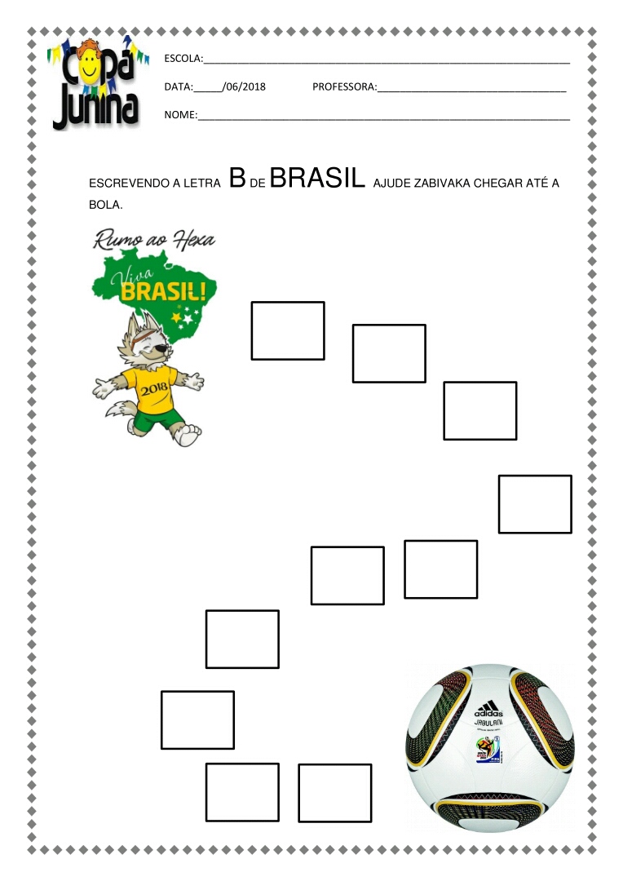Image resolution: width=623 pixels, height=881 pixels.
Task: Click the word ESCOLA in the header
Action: tap(182, 59)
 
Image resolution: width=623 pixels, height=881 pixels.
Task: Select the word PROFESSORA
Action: tap(343, 86)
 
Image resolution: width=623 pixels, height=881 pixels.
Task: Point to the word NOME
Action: tap(179, 115)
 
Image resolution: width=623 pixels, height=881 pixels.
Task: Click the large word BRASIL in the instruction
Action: tap(316, 179)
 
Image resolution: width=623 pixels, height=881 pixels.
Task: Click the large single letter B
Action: tap(237, 179)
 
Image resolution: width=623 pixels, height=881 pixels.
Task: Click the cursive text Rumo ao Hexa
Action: tap(155, 241)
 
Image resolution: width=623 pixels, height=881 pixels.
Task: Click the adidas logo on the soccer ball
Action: tap(488, 709)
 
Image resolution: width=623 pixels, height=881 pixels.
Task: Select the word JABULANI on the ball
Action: tap(488, 723)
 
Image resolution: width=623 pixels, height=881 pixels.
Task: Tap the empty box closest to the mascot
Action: tap(287, 330)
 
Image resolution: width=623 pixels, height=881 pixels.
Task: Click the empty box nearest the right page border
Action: tap(535, 504)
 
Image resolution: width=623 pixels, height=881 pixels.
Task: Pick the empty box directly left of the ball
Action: tap(334, 792)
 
